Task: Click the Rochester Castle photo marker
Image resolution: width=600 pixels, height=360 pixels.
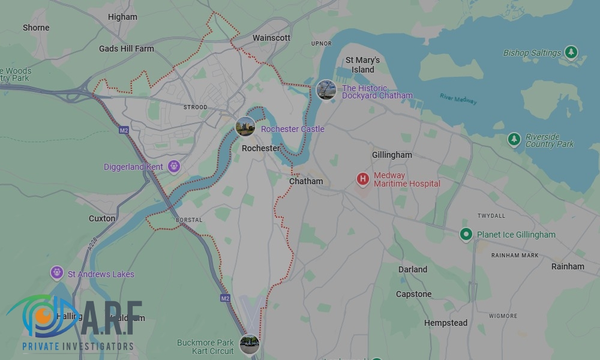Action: (x=245, y=127)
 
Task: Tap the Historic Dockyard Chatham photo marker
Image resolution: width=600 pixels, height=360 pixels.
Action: (x=326, y=90)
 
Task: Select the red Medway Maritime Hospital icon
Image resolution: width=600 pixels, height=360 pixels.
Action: (x=362, y=179)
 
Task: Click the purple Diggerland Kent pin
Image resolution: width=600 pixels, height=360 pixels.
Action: (x=174, y=166)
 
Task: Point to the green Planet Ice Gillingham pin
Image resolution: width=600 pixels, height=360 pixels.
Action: (x=466, y=235)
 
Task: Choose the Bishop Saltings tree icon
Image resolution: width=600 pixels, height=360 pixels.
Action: (x=572, y=53)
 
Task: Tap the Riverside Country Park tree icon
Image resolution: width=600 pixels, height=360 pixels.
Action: (x=514, y=140)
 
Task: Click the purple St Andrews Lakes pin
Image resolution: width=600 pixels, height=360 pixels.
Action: (x=56, y=274)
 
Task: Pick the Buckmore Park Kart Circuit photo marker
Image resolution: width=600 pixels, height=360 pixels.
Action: (x=249, y=344)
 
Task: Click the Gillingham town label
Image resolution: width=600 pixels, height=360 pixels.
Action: (x=392, y=155)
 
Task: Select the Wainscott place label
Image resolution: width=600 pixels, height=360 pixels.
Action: (x=271, y=38)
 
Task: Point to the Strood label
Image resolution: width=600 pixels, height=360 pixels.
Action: (x=195, y=107)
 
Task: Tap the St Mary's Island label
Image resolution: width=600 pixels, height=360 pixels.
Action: (x=362, y=65)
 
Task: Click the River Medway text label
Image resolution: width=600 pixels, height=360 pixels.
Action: (x=458, y=99)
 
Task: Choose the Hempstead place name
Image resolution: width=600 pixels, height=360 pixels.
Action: (x=445, y=323)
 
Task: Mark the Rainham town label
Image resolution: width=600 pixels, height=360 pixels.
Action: (x=568, y=266)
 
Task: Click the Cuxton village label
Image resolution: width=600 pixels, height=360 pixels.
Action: (x=102, y=218)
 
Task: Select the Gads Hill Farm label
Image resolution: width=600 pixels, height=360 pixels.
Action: (x=126, y=49)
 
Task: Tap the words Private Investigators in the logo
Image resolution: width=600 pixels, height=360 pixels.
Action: (x=78, y=346)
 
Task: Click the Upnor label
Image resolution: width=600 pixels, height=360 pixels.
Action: (x=321, y=44)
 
